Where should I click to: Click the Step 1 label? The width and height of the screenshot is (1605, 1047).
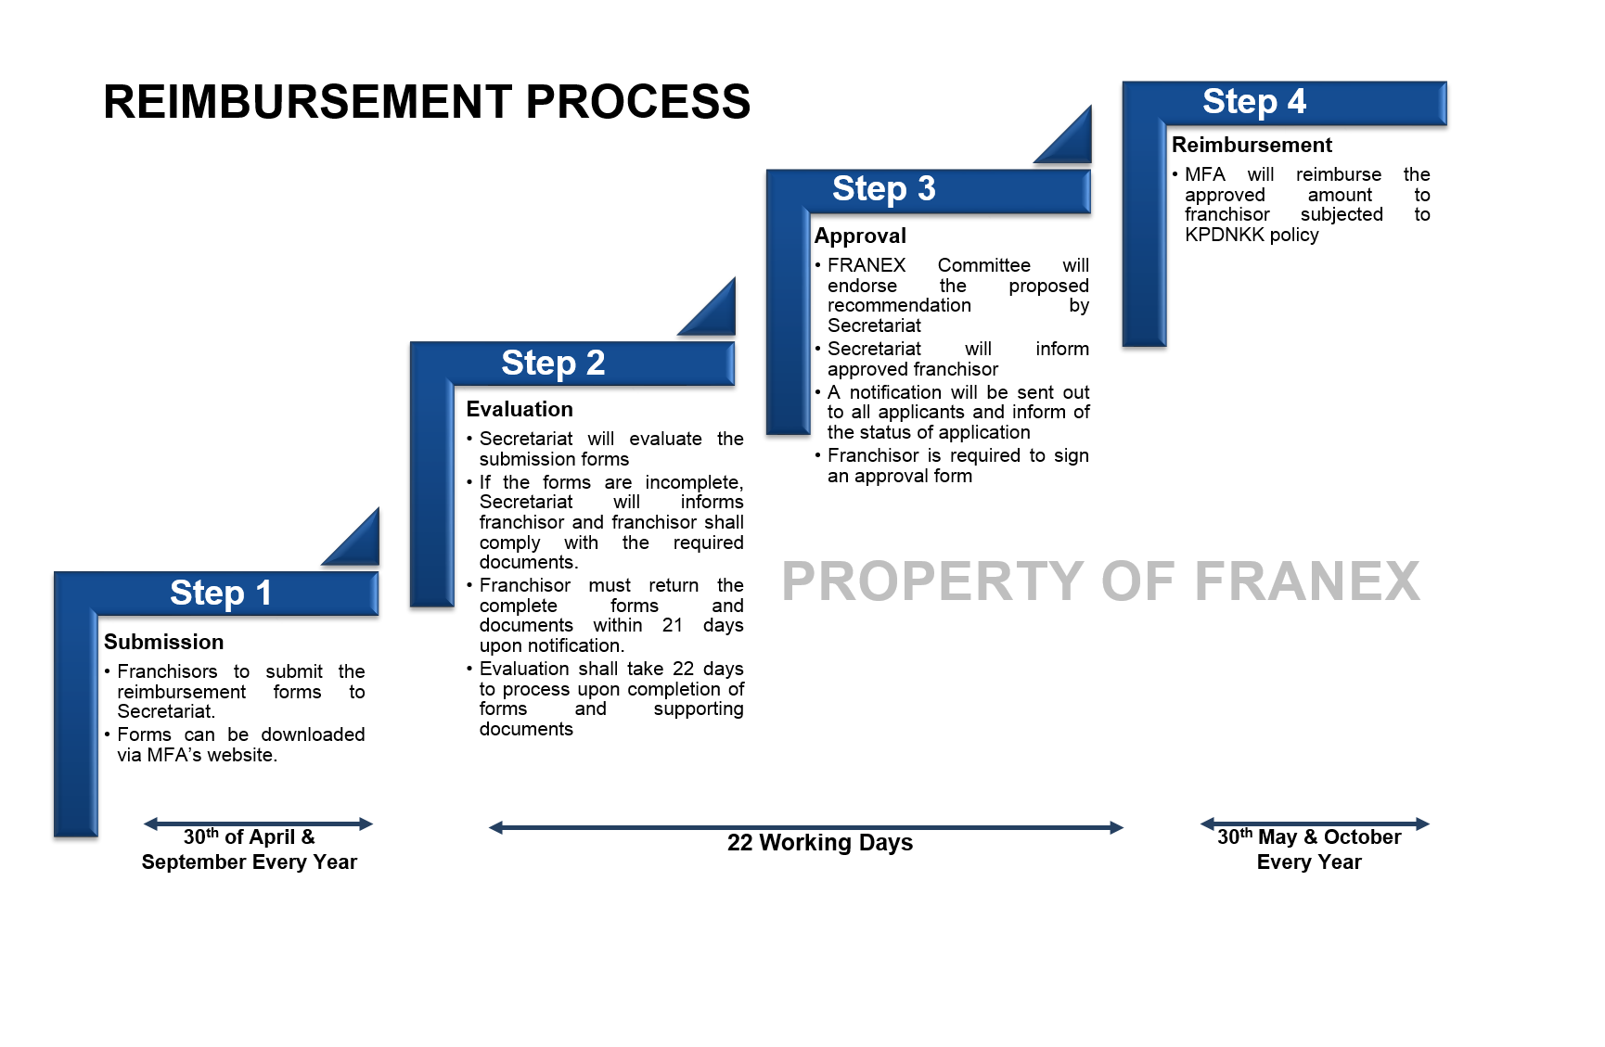click(221, 593)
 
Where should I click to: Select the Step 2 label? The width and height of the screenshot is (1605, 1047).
click(553, 363)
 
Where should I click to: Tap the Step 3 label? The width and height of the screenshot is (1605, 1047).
click(883, 189)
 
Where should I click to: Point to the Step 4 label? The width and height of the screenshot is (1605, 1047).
click(1254, 101)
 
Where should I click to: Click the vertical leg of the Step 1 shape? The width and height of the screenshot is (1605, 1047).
click(76, 723)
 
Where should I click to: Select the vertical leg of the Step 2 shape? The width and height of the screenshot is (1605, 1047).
click(431, 492)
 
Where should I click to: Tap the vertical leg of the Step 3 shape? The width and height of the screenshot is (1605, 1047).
click(788, 320)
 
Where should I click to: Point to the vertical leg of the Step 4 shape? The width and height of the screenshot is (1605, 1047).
click(1144, 232)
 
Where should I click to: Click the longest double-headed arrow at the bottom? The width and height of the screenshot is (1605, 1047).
click(806, 827)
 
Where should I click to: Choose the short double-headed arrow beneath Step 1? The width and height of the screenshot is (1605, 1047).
click(258, 824)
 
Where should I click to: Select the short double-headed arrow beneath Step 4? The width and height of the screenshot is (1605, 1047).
click(1315, 824)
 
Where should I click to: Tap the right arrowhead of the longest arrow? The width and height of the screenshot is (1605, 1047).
click(1117, 827)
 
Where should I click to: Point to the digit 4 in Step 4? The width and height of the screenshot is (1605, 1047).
click(1296, 100)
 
